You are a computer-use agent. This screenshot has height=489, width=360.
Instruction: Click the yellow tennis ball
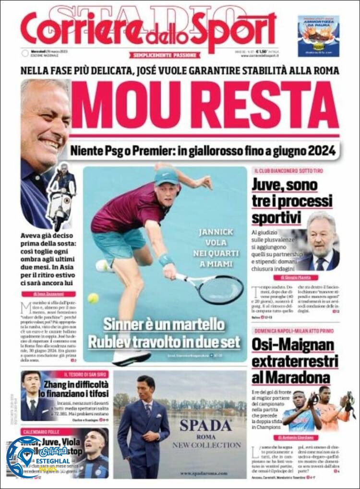93,298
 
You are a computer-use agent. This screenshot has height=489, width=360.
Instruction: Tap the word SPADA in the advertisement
206,425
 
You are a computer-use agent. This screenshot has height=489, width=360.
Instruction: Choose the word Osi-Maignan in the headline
292,345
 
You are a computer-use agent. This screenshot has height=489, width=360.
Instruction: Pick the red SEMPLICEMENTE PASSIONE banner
165,55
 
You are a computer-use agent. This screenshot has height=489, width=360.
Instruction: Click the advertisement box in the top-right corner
318,36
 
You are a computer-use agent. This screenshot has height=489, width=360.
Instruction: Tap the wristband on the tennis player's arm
166,260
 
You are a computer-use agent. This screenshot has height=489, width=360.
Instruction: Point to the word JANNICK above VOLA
216,232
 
